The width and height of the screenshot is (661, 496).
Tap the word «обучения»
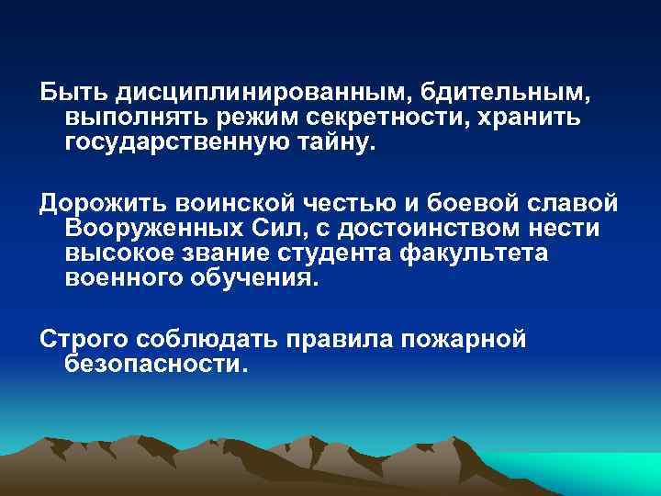(x=257, y=278)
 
